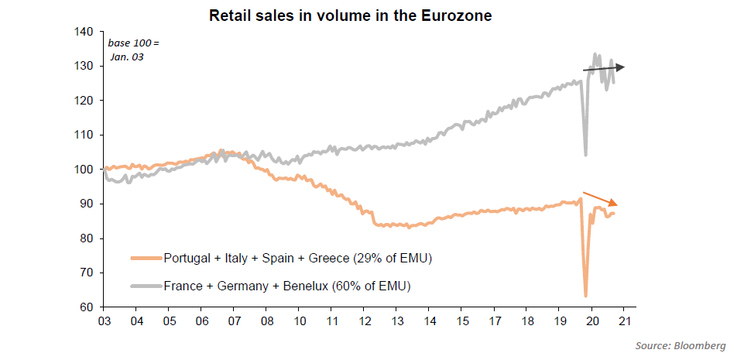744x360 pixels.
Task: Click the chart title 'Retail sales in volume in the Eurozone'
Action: coord(350,15)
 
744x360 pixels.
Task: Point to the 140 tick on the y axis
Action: coord(84,32)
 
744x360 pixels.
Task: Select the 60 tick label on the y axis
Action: coord(87,307)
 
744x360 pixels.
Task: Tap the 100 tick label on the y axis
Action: coord(84,170)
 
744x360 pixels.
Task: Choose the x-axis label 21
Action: coord(624,321)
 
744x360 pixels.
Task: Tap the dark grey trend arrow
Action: coord(603,69)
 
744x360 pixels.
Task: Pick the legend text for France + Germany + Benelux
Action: coord(286,286)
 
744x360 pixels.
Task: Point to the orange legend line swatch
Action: coord(146,257)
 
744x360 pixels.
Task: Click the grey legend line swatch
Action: coord(146,286)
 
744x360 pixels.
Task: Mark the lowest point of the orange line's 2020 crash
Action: coord(585,295)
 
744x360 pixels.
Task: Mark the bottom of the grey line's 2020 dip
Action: coord(585,155)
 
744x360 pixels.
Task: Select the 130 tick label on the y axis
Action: coord(84,67)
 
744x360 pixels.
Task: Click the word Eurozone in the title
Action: coord(456,15)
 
